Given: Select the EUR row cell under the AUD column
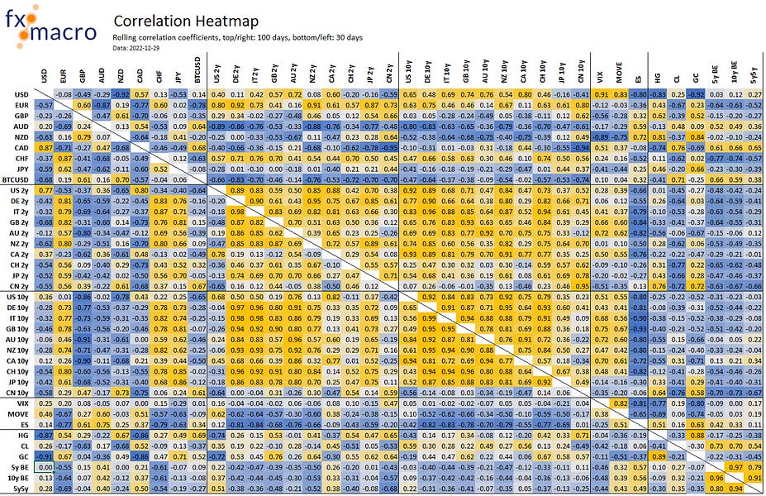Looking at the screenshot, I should [x=103, y=106].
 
